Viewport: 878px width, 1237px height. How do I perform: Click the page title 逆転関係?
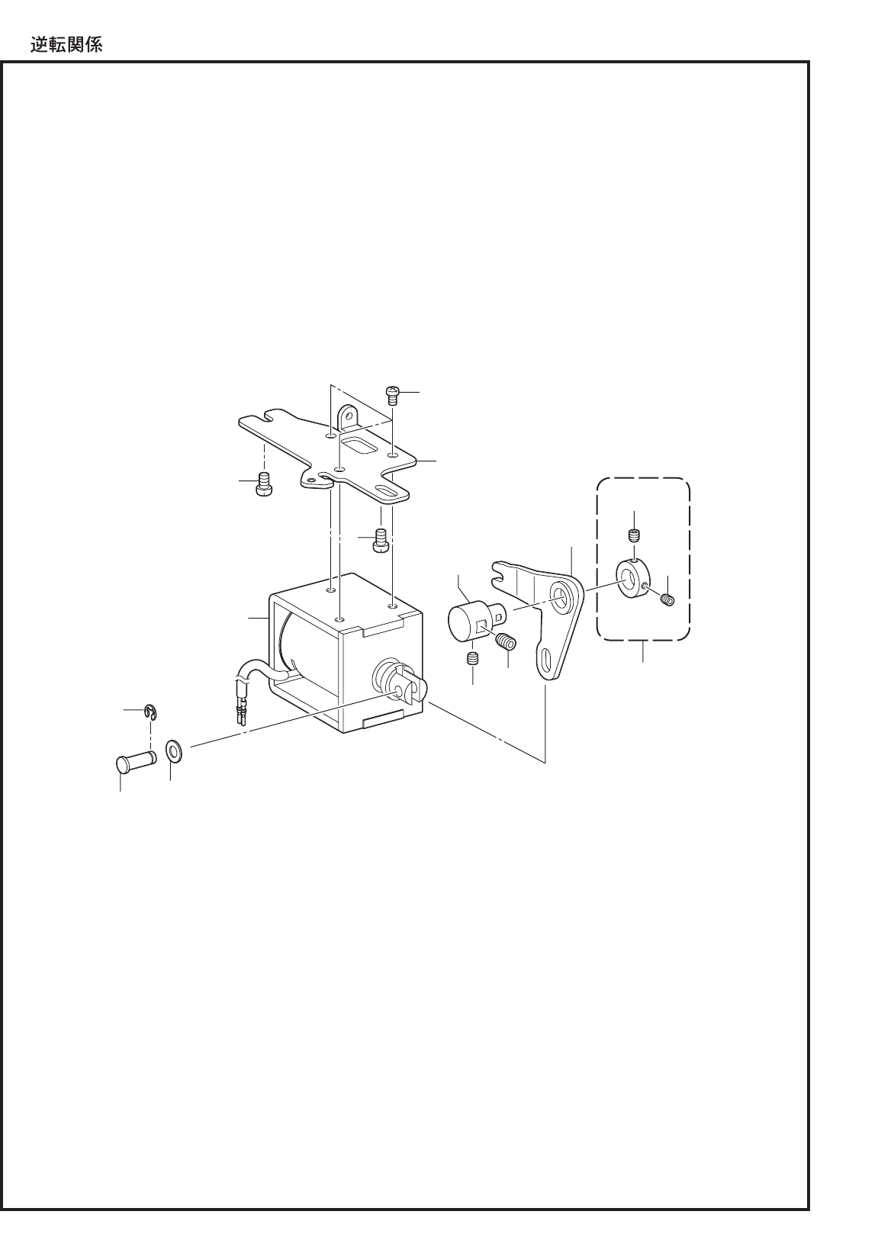click(66, 43)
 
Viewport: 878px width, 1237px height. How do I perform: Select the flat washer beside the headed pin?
click(175, 750)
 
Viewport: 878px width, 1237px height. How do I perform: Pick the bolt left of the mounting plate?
click(264, 484)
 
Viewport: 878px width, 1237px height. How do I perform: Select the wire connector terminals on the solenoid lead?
click(243, 716)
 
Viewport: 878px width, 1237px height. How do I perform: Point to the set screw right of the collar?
click(667, 600)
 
